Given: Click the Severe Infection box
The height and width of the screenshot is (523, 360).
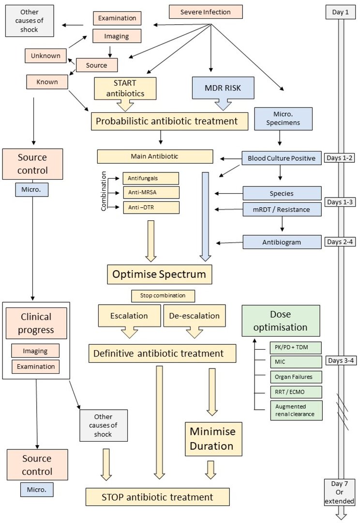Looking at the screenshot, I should point(205,11).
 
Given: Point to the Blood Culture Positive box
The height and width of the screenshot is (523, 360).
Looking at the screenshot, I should point(282,158).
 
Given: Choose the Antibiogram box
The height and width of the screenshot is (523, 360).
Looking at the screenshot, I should point(282,241).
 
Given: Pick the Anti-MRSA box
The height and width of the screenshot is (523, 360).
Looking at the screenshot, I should point(150,193).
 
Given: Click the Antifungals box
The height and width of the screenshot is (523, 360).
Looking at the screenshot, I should point(150,178).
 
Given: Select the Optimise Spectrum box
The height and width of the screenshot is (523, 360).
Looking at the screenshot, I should point(159,275).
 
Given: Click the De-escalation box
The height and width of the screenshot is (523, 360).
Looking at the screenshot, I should point(194,316).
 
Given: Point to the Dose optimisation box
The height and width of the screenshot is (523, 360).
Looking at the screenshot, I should point(281,321).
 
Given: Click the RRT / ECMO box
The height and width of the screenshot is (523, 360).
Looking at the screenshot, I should point(295,391).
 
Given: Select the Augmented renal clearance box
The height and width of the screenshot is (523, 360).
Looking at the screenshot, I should point(295,410).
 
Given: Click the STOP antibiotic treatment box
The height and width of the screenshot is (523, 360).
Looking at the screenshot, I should point(157,497).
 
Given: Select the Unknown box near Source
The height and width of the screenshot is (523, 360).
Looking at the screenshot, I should point(45,56).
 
